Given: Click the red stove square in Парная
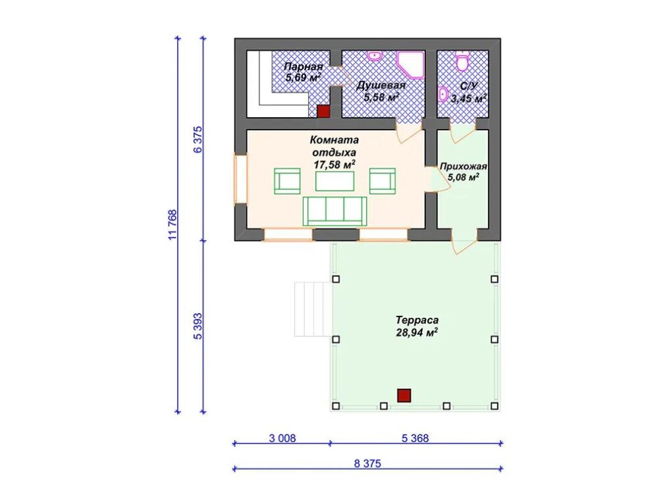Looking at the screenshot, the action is pyautogui.click(x=324, y=111).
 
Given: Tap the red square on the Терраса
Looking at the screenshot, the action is pyautogui.click(x=404, y=395).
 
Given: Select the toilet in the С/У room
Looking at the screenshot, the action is pyautogui.click(x=462, y=61).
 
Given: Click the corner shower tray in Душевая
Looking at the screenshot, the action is pyautogui.click(x=410, y=65).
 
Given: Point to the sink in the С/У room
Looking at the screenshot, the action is pyautogui.click(x=443, y=94).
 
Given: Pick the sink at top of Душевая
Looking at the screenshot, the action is pyautogui.click(x=375, y=56).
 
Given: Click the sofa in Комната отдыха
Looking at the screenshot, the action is pyautogui.click(x=334, y=211).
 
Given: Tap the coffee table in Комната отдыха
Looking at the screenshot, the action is pyautogui.click(x=334, y=182).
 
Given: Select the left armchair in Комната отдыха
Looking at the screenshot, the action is pyautogui.click(x=287, y=181).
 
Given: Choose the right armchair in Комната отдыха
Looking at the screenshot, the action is pyautogui.click(x=383, y=181).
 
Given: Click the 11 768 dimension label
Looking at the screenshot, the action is pyautogui.click(x=173, y=224).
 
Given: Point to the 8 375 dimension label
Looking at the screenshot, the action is pyautogui.click(x=367, y=463).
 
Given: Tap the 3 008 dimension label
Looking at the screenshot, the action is pyautogui.click(x=282, y=438).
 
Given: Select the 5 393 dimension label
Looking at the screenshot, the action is pyautogui.click(x=198, y=326).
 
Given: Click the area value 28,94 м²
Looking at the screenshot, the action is pyautogui.click(x=417, y=332).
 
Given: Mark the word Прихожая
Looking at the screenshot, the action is pyautogui.click(x=464, y=166).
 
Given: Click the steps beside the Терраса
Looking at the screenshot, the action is pyautogui.click(x=313, y=309).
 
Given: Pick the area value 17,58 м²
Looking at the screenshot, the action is pyautogui.click(x=334, y=164).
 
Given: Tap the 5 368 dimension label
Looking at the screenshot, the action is pyautogui.click(x=415, y=438).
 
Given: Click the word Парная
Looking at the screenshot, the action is pyautogui.click(x=304, y=66).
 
